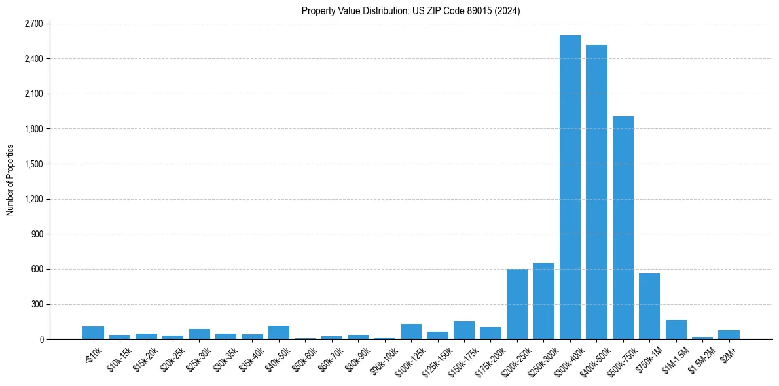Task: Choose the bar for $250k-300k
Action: coord(543,301)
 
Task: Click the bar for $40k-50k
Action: coord(279,332)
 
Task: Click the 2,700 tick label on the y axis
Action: coord(33,24)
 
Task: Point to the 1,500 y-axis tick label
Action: coord(33,164)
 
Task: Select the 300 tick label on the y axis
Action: coord(36,304)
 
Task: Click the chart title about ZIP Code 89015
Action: coord(411,10)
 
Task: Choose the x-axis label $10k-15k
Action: coord(117,359)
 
